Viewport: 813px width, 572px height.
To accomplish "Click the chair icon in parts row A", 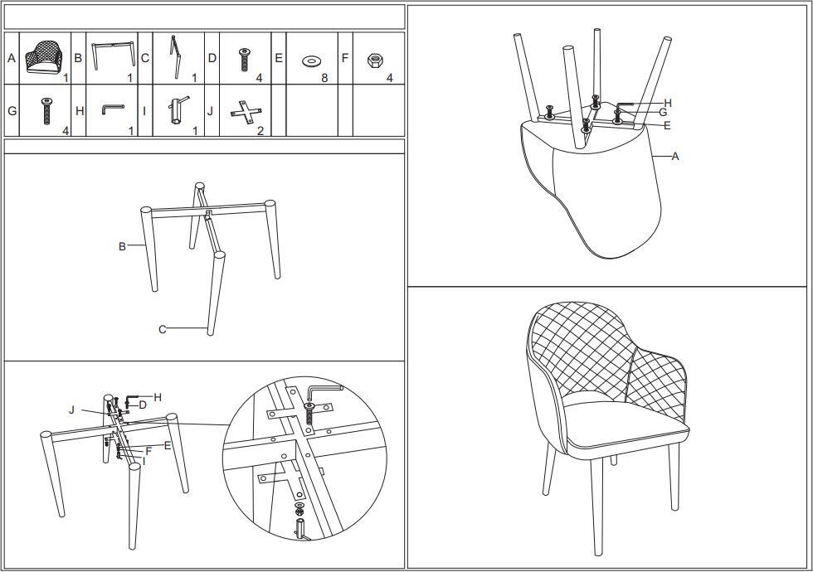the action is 43,56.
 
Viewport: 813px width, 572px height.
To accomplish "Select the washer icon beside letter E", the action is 310,61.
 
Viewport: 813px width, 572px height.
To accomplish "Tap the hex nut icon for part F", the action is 373,60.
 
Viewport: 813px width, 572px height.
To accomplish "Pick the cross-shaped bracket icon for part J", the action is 246,112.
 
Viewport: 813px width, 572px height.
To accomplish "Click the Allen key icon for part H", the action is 112,109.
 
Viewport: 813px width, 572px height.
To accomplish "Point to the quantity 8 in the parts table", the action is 324,78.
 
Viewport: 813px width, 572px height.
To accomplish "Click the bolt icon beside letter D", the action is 244,60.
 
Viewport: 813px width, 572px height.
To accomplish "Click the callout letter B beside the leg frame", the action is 123,246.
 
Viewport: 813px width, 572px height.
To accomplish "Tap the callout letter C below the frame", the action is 163,329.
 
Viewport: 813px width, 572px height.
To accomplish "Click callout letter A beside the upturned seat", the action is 675,156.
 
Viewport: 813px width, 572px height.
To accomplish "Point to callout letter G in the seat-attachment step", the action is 663,112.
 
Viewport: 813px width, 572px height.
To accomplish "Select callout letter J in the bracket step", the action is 72,410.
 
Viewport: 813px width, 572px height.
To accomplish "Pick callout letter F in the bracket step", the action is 148,451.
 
